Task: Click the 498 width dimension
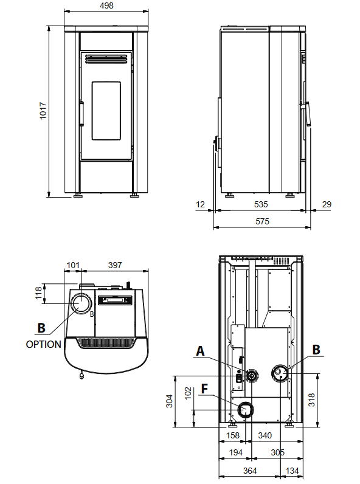[106, 5]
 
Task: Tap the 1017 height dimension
[43, 111]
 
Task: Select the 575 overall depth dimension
[262, 221]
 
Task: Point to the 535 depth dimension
[261, 204]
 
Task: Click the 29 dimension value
[327, 204]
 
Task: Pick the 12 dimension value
[200, 204]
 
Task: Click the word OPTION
[44, 344]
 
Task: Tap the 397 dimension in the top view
[115, 265]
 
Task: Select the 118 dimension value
[38, 293]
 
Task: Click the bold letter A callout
[201, 351]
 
